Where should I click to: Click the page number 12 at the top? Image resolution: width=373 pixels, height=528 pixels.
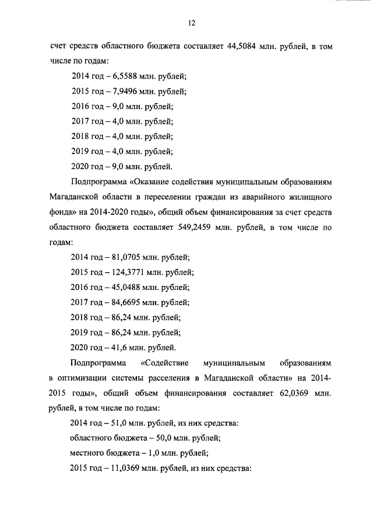191,23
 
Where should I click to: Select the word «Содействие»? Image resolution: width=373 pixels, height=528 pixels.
170,363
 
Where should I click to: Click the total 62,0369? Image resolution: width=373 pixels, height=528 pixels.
290,393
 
